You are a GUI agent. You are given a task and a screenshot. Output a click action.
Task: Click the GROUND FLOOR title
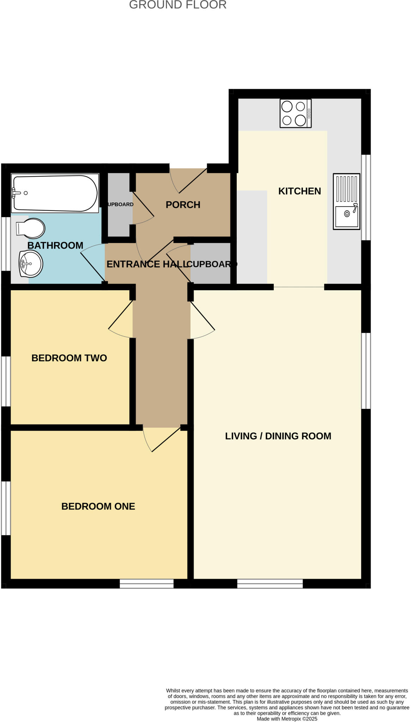click(177, 5)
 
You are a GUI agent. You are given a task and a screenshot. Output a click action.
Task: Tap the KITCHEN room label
click(299, 191)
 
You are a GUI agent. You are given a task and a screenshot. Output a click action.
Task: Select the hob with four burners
click(295, 113)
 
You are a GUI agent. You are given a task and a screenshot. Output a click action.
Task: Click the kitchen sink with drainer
click(346, 202)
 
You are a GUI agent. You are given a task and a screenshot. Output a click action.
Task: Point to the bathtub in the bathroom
click(55, 193)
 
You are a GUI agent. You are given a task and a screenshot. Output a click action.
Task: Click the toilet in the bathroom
click(31, 228)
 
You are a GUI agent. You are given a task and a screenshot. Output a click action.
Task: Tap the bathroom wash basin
click(31, 264)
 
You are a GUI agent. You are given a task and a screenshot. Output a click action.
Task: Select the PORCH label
click(183, 205)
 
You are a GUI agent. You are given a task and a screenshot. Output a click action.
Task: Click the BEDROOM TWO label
click(69, 358)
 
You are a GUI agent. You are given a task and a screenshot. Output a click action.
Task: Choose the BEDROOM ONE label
click(98, 506)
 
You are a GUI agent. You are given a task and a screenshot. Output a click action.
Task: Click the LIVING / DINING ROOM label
click(278, 436)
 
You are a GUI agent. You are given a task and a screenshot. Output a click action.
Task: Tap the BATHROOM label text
click(55, 245)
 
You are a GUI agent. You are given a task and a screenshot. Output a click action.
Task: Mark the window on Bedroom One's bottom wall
click(147, 584)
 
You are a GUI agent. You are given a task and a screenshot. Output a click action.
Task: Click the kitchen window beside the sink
click(366, 197)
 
